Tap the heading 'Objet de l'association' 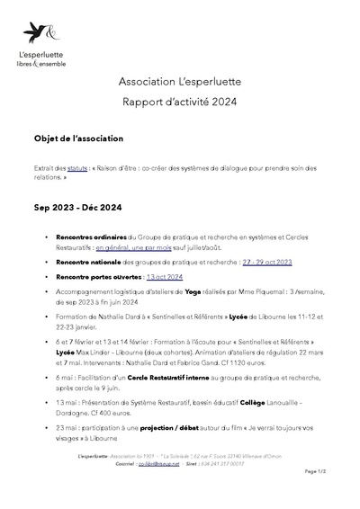pos(85,139)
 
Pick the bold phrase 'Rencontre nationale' pos(94,261)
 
